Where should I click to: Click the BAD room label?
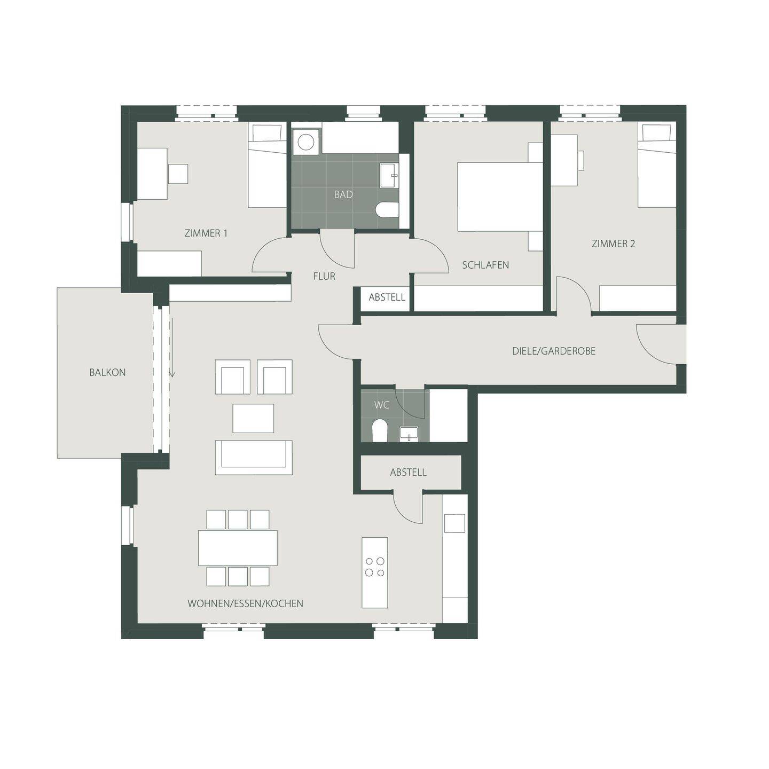pos(343,194)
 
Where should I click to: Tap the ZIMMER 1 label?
pos(206,233)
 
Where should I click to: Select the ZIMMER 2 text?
pos(613,244)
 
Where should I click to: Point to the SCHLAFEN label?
pos(485,265)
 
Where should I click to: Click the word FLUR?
pos(324,276)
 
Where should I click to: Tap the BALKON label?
pos(107,372)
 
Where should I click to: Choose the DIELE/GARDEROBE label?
pos(553,351)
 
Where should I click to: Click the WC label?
pos(382,405)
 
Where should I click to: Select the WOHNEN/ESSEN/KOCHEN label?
pos(245,603)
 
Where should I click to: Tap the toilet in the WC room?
pos(379,430)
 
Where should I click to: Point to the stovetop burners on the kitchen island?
pos(374,567)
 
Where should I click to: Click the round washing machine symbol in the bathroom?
pos(306,142)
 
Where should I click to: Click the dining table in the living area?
pos(238,547)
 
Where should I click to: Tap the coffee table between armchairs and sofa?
pos(253,418)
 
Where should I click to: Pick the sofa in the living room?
pos(254,457)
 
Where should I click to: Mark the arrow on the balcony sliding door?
pos(172,372)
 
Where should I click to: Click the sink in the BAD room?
pos(388,176)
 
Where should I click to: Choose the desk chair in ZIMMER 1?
pos(178,174)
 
